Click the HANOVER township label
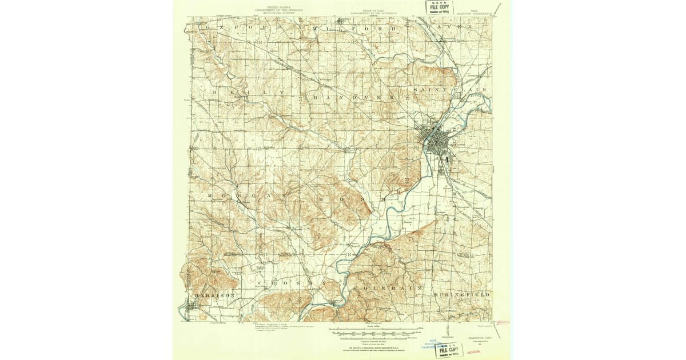353,98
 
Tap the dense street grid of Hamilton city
436,140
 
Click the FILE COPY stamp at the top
437,7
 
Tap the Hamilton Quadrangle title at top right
475,11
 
